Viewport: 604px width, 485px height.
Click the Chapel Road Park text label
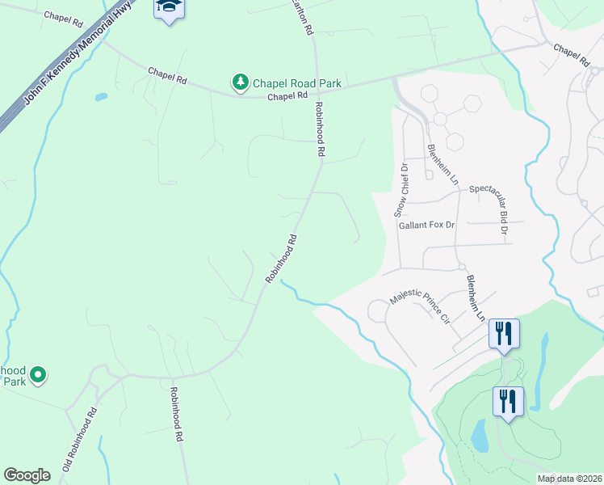pyautogui.click(x=297, y=83)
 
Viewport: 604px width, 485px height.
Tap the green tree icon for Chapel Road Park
pyautogui.click(x=240, y=82)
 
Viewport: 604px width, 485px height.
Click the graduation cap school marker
pyautogui.click(x=170, y=8)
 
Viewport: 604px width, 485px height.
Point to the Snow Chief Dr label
pyautogui.click(x=401, y=190)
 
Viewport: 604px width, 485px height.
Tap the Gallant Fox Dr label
pyautogui.click(x=427, y=225)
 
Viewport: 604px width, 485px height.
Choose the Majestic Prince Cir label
pyautogui.click(x=419, y=307)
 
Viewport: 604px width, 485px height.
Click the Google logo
pyautogui.click(x=27, y=475)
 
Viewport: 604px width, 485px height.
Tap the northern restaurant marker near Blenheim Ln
pyautogui.click(x=504, y=333)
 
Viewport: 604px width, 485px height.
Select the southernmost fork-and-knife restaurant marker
pyautogui.click(x=508, y=401)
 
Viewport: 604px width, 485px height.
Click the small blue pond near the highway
pyautogui.click(x=101, y=97)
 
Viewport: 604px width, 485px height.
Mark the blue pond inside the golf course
pyautogui.click(x=479, y=436)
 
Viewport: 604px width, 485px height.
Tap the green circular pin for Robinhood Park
pyautogui.click(x=37, y=374)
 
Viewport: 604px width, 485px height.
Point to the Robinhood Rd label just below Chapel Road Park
pyautogui.click(x=320, y=129)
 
